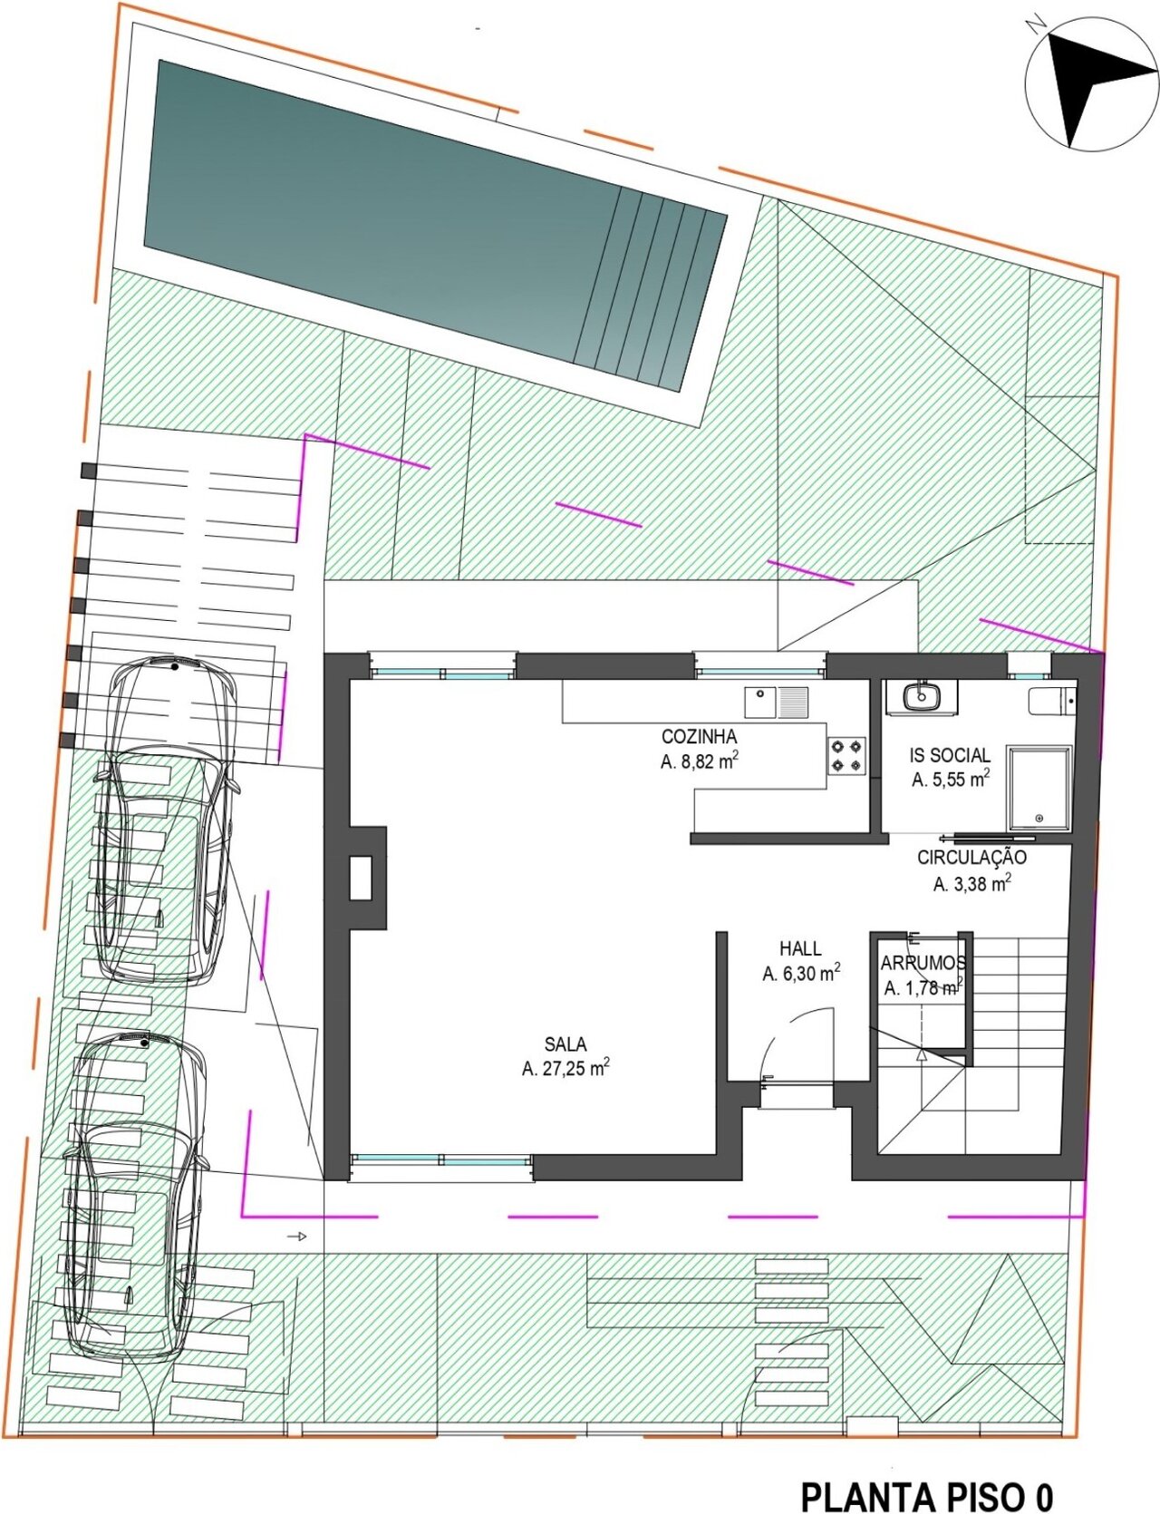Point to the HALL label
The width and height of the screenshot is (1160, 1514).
(x=800, y=949)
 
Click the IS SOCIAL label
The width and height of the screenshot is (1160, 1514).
(x=950, y=754)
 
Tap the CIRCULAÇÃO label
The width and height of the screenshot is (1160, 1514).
(x=971, y=857)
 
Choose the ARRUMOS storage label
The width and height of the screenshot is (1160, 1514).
(x=923, y=963)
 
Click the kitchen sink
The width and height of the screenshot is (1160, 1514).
(x=777, y=703)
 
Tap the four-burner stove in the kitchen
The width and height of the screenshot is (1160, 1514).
(x=846, y=756)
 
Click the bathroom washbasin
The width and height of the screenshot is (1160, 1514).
(x=921, y=696)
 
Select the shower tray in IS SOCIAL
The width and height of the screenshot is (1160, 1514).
(x=1039, y=788)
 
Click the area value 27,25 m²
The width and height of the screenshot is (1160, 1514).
(x=565, y=1068)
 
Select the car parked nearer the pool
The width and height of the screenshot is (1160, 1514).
(x=166, y=820)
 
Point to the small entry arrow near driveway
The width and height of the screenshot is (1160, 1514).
(x=297, y=1237)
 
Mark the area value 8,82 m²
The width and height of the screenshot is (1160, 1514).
(x=699, y=762)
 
